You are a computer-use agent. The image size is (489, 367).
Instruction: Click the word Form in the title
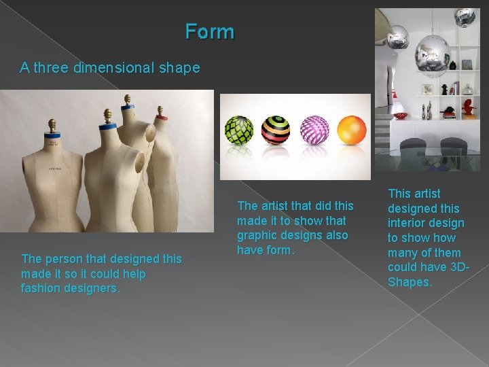coord(210,31)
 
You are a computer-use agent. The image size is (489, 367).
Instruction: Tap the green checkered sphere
coord(239,130)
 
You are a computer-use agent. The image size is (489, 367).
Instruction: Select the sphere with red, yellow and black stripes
coord(276,130)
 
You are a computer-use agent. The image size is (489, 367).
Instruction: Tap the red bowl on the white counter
coord(401,116)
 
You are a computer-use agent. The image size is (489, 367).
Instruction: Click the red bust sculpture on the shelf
coord(467,107)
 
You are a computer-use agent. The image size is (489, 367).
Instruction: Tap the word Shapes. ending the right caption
coord(410,282)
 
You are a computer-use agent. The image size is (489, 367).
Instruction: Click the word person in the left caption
coord(61,259)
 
